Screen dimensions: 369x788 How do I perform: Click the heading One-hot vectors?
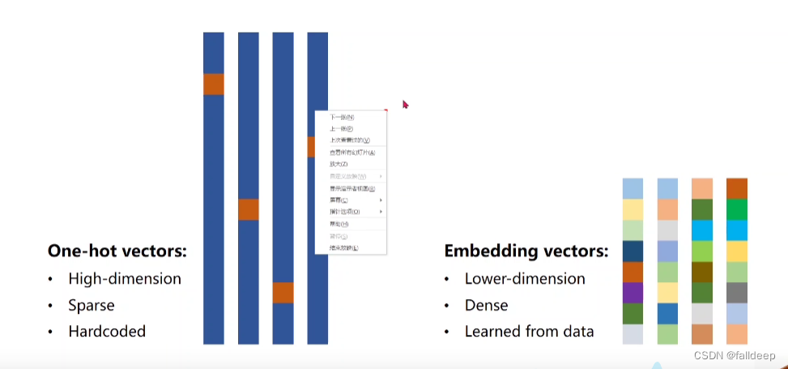(117, 251)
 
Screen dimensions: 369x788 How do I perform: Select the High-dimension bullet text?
(125, 279)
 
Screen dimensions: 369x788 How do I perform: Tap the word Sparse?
(92, 306)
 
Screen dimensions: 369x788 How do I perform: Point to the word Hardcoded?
(107, 332)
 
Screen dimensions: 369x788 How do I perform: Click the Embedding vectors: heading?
(526, 251)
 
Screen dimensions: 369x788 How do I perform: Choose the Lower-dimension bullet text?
(525, 279)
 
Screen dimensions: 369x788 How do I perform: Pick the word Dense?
(487, 306)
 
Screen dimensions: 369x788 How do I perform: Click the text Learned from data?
(529, 332)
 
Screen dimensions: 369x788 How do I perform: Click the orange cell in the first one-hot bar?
(213, 84)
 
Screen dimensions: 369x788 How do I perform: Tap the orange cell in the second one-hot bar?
(248, 209)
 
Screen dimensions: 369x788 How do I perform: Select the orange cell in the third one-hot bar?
(283, 293)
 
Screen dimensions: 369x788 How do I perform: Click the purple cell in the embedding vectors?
(633, 292)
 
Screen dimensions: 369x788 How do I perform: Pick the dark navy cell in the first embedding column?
(633, 251)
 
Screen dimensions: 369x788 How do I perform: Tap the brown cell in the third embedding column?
(701, 272)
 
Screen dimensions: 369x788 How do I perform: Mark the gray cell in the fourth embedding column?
(737, 292)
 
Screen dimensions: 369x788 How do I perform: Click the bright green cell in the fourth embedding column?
(737, 209)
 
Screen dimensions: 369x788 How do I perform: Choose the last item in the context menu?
(344, 247)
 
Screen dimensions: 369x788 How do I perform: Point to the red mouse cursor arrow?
(405, 104)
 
